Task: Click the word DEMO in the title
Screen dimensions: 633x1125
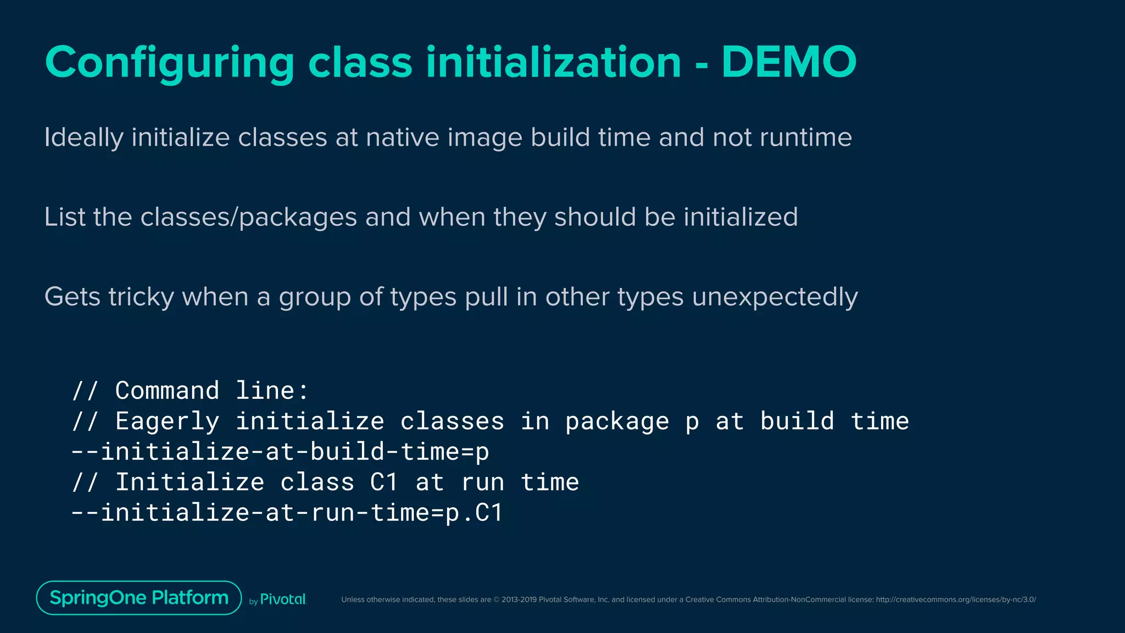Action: click(x=789, y=62)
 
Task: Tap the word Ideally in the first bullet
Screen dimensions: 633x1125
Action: click(x=83, y=137)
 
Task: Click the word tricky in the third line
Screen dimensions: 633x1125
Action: click(x=141, y=297)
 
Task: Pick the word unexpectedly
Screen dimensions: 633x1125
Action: click(x=775, y=297)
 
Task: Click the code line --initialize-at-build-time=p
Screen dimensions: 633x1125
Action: click(x=280, y=452)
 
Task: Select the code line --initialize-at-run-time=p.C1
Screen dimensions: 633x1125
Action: click(x=287, y=513)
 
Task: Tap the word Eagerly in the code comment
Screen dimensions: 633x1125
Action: click(x=167, y=421)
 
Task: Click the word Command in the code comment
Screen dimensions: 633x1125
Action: click(x=167, y=391)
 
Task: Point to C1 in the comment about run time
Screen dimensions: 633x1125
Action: click(x=383, y=482)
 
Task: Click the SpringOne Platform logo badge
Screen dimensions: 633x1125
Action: click(x=139, y=598)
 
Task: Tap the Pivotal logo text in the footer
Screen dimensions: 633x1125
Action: click(x=282, y=599)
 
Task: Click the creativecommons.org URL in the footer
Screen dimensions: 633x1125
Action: click(x=956, y=599)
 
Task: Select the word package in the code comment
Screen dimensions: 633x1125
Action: click(x=617, y=421)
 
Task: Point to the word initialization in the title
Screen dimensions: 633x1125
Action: click(x=554, y=62)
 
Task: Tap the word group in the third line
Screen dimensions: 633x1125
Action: click(x=315, y=297)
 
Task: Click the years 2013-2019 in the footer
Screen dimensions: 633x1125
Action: click(x=519, y=599)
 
